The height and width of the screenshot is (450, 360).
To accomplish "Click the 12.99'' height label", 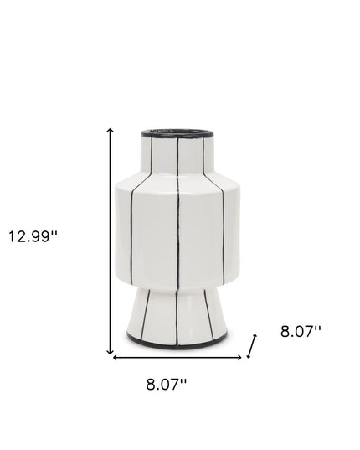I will point(33,236).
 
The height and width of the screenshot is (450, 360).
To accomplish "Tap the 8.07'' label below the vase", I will point(166,385).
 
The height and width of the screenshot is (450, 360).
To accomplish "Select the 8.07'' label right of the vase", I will point(301,332).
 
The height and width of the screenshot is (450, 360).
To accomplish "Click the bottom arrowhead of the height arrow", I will point(110,353).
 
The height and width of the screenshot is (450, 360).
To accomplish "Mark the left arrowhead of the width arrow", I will point(116,358).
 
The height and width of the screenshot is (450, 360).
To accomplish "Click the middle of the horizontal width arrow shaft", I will point(177,358).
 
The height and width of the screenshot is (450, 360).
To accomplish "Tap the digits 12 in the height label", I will point(18,236).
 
